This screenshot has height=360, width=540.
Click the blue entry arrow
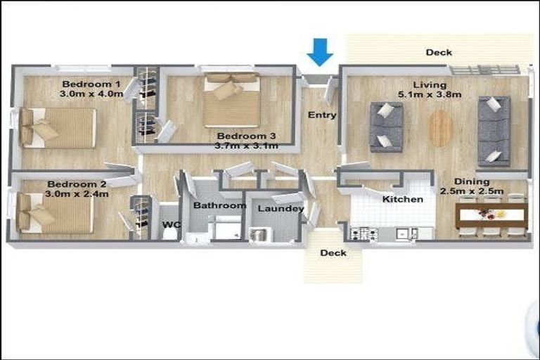pos(320,51)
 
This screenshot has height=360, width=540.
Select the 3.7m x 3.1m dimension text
pos(247,146)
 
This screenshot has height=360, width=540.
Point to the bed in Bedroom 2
pos(56,213)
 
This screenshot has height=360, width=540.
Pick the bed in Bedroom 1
pos(59,127)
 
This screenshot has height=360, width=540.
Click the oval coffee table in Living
pos(441,128)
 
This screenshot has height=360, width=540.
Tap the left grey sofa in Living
pos(386,127)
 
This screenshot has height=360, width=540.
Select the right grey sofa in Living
pos(494,131)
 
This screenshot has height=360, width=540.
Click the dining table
pos(491,214)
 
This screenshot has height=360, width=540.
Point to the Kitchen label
pos(403,199)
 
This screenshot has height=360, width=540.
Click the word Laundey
pos(281,209)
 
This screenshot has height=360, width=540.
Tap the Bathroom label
pos(219,205)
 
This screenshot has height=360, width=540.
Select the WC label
pos(171,225)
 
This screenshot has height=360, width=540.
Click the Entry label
pos(322,115)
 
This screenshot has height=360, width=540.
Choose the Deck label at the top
pos(439,52)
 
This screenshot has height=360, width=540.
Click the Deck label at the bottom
pos(333,252)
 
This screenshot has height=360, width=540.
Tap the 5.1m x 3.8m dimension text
pos(430,95)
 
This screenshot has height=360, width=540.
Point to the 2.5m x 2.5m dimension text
pos(472,191)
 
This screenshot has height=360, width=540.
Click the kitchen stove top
pos(364,233)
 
